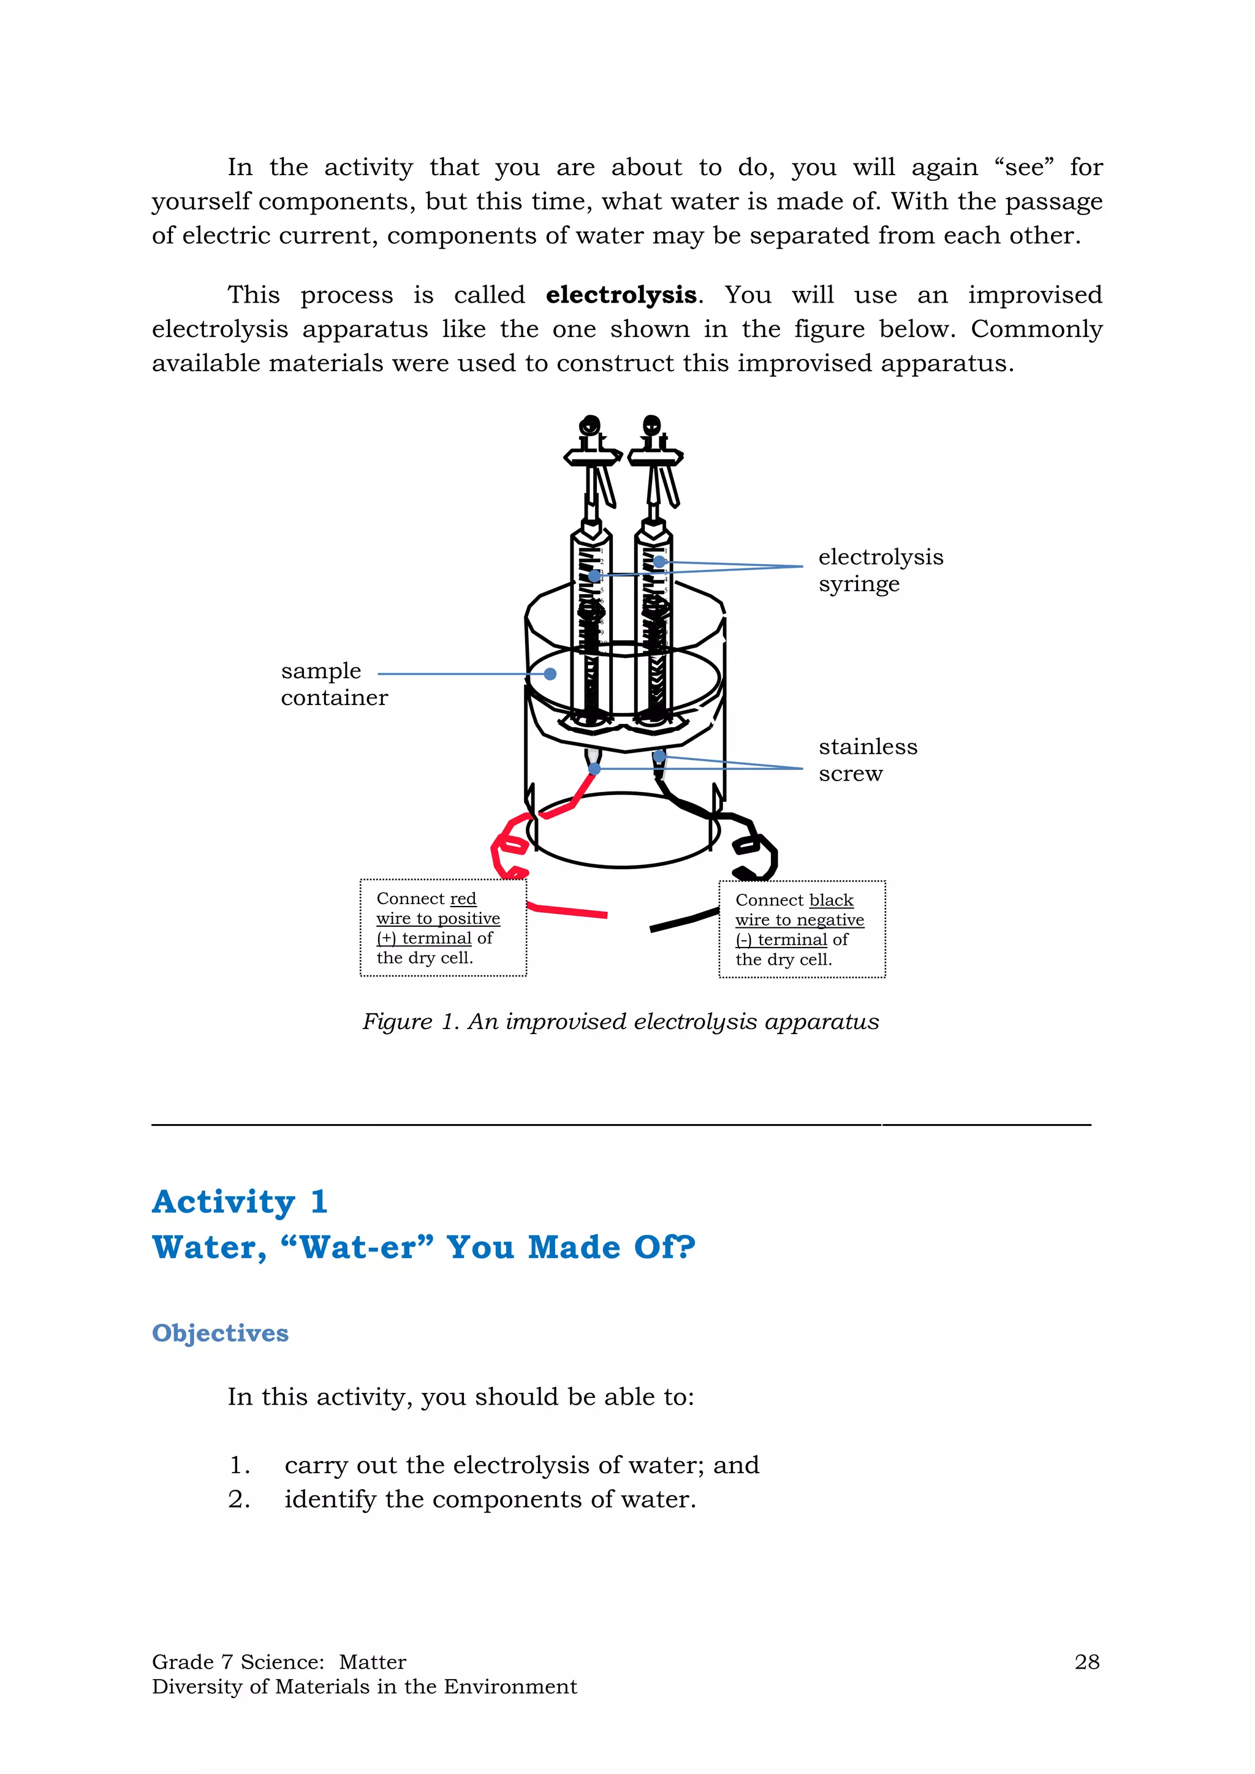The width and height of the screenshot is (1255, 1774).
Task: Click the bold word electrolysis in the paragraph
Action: [621, 295]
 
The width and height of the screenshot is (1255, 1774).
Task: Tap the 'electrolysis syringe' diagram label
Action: [880, 570]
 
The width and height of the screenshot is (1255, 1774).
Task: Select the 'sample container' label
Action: [333, 684]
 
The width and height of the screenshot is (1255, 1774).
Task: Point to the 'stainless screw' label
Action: [868, 760]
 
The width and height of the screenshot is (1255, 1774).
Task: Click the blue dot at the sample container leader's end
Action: [550, 674]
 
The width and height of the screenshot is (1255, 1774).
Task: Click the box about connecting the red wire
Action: [443, 928]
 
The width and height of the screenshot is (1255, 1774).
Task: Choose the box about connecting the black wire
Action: [802, 929]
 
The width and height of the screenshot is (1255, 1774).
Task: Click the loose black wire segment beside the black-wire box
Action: [683, 921]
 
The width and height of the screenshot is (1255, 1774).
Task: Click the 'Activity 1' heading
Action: [240, 1202]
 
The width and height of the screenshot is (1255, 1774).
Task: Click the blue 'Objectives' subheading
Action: [220, 1333]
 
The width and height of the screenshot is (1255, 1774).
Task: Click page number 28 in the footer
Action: [1086, 1662]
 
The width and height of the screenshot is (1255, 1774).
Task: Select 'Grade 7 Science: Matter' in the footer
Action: [279, 1662]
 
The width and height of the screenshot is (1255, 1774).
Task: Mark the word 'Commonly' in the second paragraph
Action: [1036, 329]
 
